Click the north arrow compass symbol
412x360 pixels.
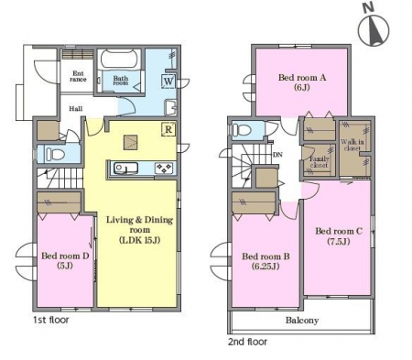click(374, 30)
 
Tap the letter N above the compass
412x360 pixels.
click(369, 7)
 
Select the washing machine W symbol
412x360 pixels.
click(168, 82)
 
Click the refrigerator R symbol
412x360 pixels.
click(168, 129)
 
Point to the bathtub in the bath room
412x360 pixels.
click(118, 60)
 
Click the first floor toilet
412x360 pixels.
click(55, 154)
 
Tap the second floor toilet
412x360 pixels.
click(242, 130)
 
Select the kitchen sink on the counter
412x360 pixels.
click(125, 169)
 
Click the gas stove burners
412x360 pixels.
click(164, 169)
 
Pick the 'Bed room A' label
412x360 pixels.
click(302, 78)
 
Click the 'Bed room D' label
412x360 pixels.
click(65, 256)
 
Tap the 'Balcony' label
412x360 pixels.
click(302, 321)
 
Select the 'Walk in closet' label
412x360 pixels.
click(352, 145)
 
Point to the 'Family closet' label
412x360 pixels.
click(319, 162)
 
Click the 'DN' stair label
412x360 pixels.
click(277, 155)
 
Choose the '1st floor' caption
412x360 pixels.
click(51, 320)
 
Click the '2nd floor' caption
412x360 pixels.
click(247, 342)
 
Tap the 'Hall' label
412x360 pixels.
click(75, 109)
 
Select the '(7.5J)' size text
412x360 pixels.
click(339, 242)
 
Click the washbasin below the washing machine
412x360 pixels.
click(170, 107)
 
